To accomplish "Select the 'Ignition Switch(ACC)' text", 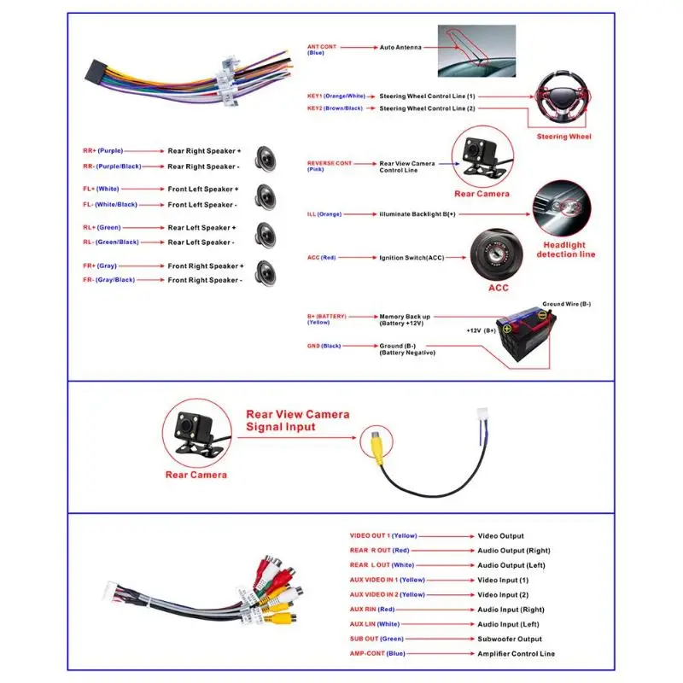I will (x=412, y=257).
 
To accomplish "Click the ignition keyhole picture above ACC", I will (x=493, y=254).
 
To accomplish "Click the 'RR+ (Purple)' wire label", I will (x=102, y=150).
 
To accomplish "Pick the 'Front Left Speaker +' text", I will (x=203, y=189).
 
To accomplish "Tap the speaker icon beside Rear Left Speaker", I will (x=265, y=234).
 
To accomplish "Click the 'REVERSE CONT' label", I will (x=330, y=163).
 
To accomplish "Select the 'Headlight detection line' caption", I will (x=565, y=249).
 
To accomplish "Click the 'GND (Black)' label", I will (x=324, y=346).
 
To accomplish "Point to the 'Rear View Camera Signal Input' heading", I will (x=297, y=420).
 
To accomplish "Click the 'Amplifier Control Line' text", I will (x=516, y=653).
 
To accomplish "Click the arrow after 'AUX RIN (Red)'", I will (x=435, y=610).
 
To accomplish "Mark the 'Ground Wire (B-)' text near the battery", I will (x=566, y=304).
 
